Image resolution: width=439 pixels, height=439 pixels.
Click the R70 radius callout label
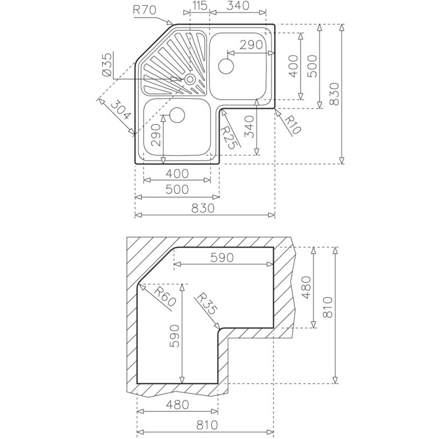point(144,10)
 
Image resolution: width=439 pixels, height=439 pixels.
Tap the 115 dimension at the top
point(199,5)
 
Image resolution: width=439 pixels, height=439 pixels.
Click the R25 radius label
point(230,137)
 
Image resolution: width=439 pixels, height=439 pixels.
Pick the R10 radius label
point(293,125)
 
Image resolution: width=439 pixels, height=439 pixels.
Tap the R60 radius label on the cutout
point(165,297)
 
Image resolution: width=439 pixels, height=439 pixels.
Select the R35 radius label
point(206,304)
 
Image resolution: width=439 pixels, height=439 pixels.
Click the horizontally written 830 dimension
point(203,208)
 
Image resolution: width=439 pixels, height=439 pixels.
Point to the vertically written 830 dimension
point(334,94)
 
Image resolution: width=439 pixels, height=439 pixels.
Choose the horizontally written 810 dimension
point(206,425)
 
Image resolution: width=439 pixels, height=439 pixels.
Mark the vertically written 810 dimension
point(328,307)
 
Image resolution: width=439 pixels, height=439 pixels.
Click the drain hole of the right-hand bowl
point(226,66)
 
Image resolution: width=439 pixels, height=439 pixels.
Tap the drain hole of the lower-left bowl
point(177,115)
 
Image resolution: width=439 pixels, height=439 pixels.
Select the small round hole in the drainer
point(190,79)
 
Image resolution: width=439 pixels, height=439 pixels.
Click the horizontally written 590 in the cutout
point(222,258)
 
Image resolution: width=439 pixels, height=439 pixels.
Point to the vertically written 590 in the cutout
point(175,336)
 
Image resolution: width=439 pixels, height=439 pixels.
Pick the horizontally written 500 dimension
point(177,190)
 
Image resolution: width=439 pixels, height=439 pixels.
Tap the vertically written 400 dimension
point(293,66)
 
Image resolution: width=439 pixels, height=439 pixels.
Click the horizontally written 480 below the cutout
point(177,405)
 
